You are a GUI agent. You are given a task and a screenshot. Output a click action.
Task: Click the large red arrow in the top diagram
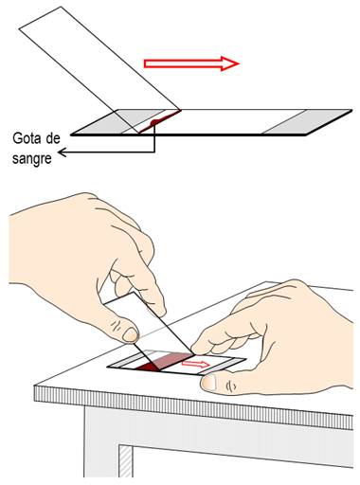tap(191, 63)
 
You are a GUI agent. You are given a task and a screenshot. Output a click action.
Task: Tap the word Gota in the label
tap(28, 138)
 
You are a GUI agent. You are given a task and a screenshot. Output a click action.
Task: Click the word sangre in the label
tap(32, 158)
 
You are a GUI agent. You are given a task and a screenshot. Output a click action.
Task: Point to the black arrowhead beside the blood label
tap(63, 153)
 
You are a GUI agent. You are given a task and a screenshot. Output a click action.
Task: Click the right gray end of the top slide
tap(307, 122)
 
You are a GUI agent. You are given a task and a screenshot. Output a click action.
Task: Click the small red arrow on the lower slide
tap(195, 364)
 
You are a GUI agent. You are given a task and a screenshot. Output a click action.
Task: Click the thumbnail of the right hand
tap(208, 383)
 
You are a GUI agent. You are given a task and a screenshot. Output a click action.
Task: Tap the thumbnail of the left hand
tap(130, 335)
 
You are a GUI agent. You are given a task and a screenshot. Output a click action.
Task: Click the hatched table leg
tap(126, 461)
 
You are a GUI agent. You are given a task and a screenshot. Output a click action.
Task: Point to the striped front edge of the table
tap(193, 405)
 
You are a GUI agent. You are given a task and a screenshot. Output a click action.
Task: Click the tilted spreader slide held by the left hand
tap(149, 330)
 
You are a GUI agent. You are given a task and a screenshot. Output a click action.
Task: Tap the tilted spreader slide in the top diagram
tap(99, 69)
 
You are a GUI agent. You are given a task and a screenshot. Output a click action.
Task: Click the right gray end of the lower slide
tap(223, 366)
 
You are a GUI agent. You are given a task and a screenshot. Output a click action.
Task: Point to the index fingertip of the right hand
tap(196, 349)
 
